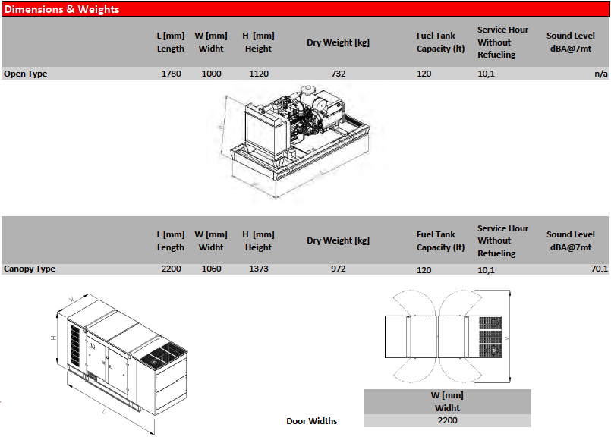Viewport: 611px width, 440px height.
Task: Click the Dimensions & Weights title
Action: [61, 9]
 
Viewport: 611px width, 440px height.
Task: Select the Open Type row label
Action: [25, 74]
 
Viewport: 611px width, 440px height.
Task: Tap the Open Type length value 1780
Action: [171, 74]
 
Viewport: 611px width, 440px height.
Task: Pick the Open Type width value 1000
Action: [211, 74]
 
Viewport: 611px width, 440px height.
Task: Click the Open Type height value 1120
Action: [259, 74]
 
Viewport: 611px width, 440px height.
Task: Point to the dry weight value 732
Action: [339, 74]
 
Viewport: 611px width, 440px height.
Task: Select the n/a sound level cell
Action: [601, 74]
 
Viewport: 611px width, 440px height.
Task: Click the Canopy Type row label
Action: [30, 269]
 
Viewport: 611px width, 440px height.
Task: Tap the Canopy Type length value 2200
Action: [171, 269]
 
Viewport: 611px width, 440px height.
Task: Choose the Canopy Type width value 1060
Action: [211, 269]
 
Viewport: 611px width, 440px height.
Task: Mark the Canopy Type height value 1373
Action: [259, 269]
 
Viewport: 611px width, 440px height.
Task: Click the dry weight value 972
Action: [339, 269]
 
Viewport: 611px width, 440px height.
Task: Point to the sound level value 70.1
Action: [600, 269]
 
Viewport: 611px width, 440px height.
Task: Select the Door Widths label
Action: [312, 421]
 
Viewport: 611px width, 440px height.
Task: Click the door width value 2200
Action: [447, 420]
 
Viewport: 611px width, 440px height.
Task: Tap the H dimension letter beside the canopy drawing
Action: [54, 338]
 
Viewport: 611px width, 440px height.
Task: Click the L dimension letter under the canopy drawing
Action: [104, 412]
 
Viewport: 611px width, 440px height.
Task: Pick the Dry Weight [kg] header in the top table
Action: [338, 42]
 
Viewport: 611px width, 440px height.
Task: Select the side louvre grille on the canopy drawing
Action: [75, 345]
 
